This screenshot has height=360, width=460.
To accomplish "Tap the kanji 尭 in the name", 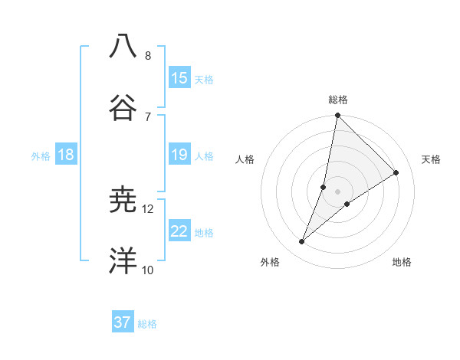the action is (123, 200).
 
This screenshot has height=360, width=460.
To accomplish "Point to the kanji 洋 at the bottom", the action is (123, 260).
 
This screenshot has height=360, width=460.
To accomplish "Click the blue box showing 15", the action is (179, 78).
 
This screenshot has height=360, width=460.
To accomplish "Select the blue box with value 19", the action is (179, 155).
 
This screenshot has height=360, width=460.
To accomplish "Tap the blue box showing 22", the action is (179, 232).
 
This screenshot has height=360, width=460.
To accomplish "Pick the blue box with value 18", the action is (66, 155).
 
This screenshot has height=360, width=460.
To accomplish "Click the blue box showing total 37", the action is (123, 323).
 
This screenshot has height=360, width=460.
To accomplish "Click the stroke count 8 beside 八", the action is (148, 55).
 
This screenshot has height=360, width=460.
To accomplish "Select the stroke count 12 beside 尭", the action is (148, 208).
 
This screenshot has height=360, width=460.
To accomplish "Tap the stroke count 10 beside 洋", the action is (148, 270).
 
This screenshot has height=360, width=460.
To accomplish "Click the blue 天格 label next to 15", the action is (204, 80).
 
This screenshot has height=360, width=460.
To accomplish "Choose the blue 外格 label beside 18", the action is (41, 156).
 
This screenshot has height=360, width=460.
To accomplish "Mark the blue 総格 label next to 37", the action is (147, 324).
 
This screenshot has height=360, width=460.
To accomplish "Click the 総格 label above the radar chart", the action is (338, 100).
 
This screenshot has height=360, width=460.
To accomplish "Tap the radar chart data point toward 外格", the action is (302, 242).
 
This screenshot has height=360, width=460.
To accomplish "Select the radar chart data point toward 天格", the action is (396, 173).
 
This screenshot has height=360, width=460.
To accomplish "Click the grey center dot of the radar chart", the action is (338, 191).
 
